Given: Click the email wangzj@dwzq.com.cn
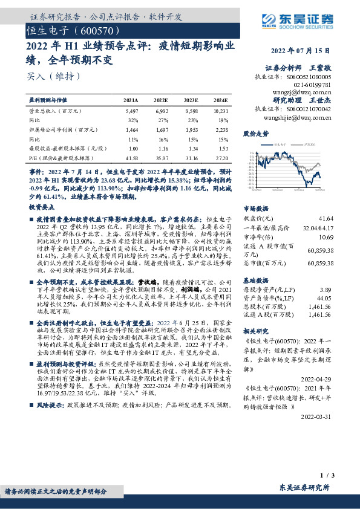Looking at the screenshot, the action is tap(303, 92).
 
